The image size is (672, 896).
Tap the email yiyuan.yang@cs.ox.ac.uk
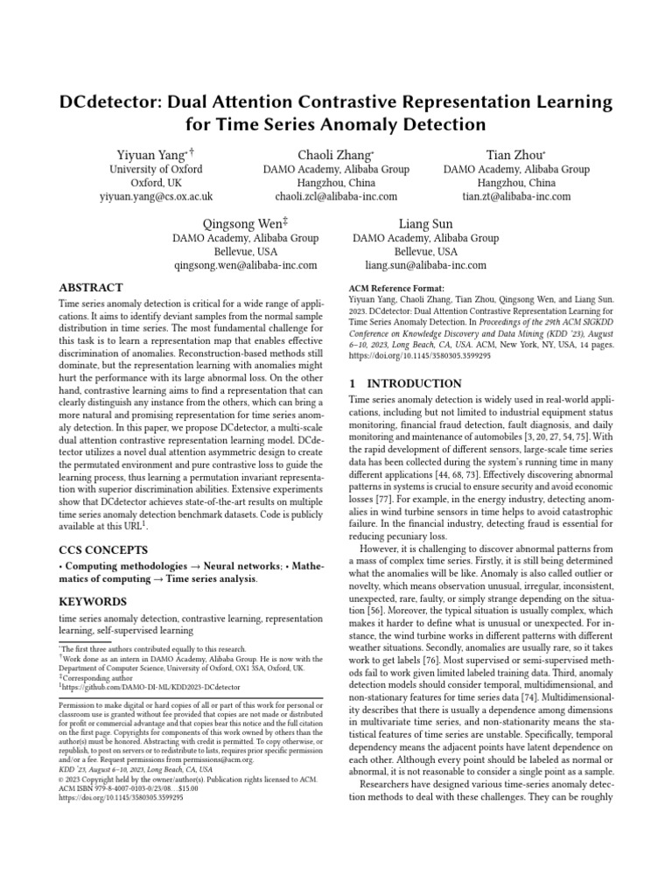click(156, 198)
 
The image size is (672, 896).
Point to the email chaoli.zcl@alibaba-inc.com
click(336, 198)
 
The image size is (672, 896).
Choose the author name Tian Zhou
click(514, 155)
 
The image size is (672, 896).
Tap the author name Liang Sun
click(425, 223)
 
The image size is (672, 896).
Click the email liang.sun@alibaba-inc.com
click(425, 265)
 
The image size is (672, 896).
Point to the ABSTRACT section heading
click(90, 288)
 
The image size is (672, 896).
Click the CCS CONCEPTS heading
click(103, 549)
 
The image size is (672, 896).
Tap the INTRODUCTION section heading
click(405, 383)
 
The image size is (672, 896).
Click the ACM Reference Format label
click(396, 288)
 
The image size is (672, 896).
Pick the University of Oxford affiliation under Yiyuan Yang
click(156, 169)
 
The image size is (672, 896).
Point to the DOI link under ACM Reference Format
click(419, 356)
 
